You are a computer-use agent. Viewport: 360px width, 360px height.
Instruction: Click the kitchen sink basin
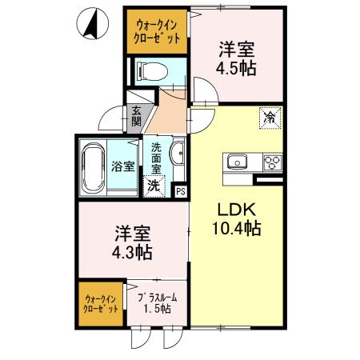click(238, 162)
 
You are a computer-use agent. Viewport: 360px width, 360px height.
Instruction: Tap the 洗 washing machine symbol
click(154, 186)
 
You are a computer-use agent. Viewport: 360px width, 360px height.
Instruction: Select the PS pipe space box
click(180, 190)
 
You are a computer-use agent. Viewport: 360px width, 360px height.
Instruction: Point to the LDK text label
click(236, 210)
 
